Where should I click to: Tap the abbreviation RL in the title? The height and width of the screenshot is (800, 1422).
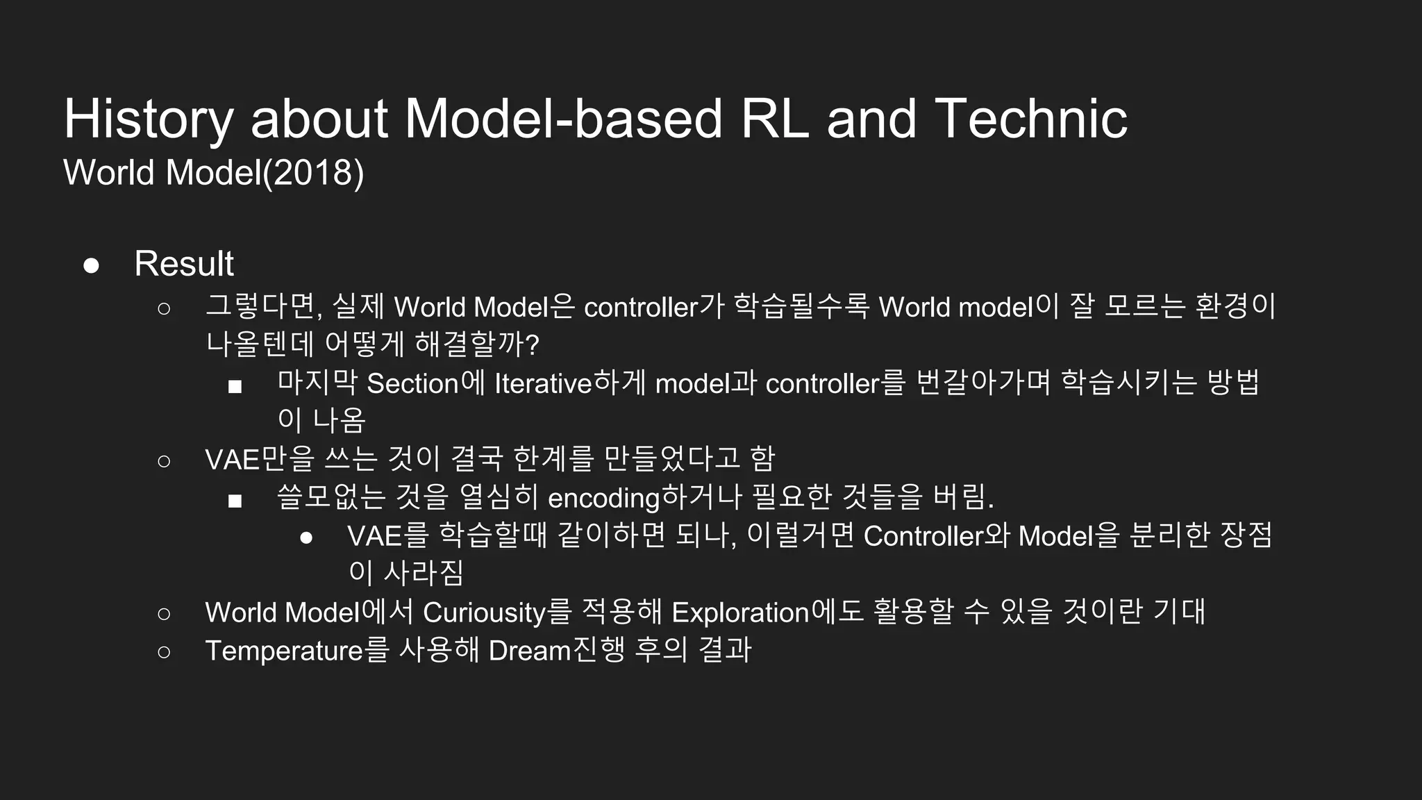pyautogui.click(x=774, y=119)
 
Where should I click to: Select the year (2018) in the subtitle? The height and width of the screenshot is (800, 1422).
pyautogui.click(x=313, y=172)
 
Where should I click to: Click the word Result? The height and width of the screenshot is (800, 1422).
pyautogui.click(x=184, y=264)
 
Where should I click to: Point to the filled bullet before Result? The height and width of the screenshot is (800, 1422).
pyautogui.click(x=91, y=265)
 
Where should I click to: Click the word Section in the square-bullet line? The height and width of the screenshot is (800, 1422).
pyautogui.click(x=412, y=383)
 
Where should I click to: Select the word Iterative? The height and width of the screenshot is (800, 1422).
pyautogui.click(x=542, y=383)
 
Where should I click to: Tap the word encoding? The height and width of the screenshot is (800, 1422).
pyautogui.click(x=603, y=498)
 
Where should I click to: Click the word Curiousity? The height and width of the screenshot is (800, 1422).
pyautogui.click(x=484, y=612)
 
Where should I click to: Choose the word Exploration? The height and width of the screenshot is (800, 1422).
pyautogui.click(x=740, y=612)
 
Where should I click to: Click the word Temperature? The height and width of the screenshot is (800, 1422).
pyautogui.click(x=284, y=651)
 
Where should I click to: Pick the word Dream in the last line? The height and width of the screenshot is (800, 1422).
pyautogui.click(x=529, y=651)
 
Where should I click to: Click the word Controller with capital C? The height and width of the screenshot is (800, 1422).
pyautogui.click(x=923, y=536)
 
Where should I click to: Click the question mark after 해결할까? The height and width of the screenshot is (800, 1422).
pyautogui.click(x=533, y=345)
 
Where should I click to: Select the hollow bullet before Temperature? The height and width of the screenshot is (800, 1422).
pyautogui.click(x=164, y=651)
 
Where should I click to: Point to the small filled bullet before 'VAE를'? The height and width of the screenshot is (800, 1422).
pyautogui.click(x=306, y=537)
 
